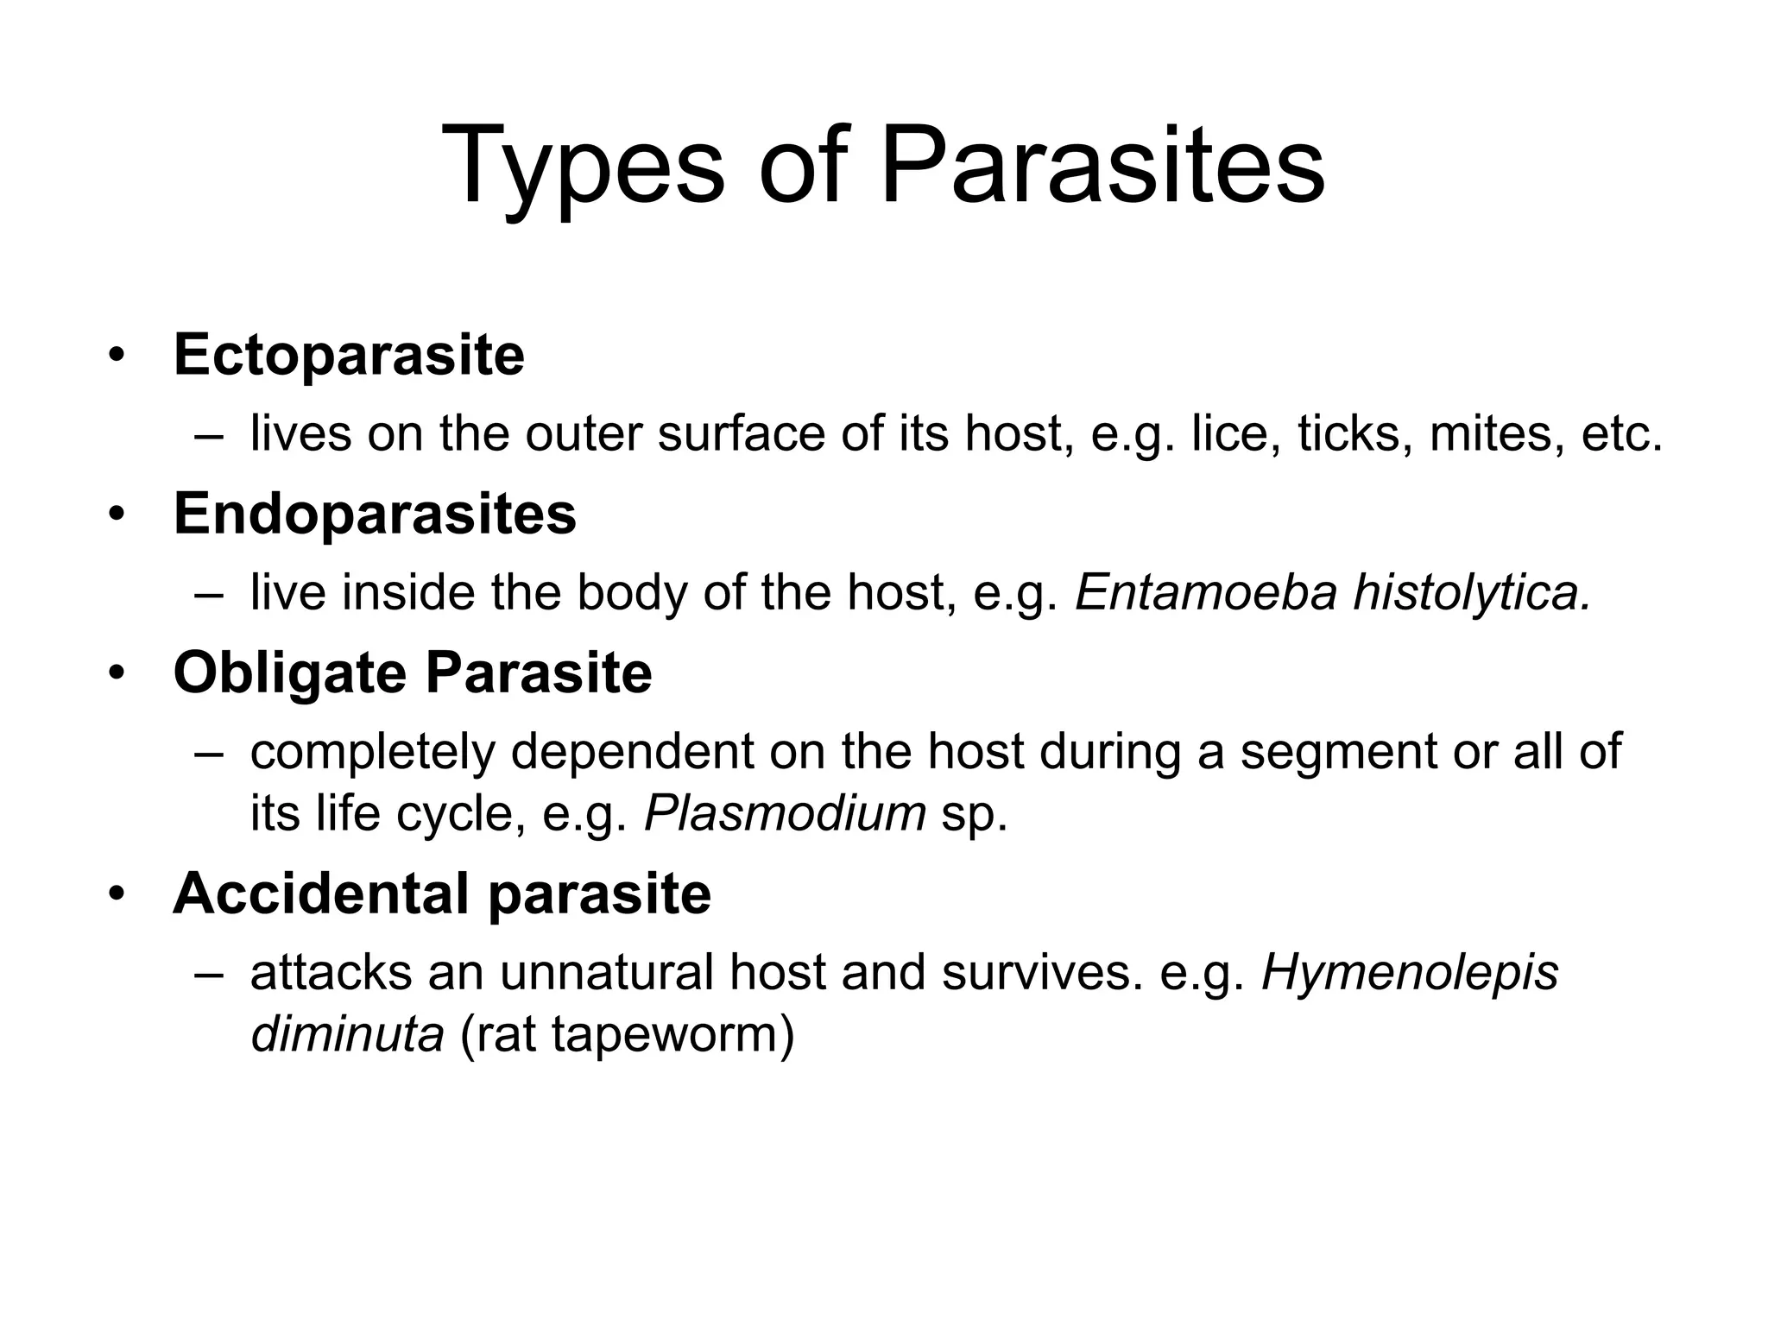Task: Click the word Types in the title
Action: (583, 167)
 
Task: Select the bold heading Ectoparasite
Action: (349, 355)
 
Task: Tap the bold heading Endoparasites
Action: (375, 514)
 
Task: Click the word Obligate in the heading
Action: (289, 673)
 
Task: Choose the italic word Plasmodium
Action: (785, 813)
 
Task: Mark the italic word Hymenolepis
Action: (1411, 973)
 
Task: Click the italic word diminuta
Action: (347, 1034)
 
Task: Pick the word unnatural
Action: (606, 973)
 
